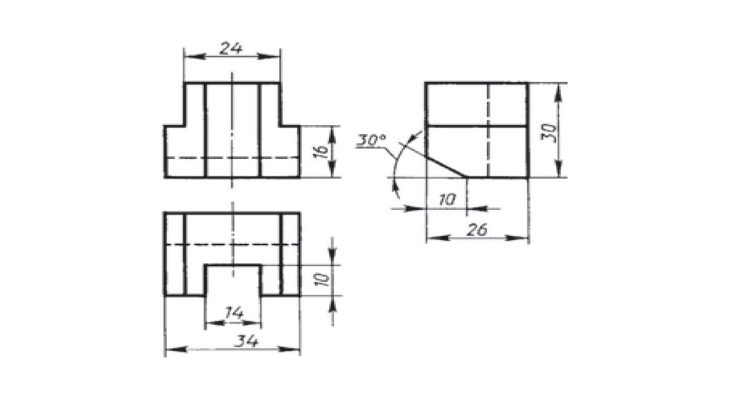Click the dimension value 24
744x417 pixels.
pos(231,48)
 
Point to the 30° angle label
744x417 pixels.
pos(372,140)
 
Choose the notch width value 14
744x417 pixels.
pos(233,313)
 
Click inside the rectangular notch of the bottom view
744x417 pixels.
pos(232,282)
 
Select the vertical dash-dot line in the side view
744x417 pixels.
pos(488,131)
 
